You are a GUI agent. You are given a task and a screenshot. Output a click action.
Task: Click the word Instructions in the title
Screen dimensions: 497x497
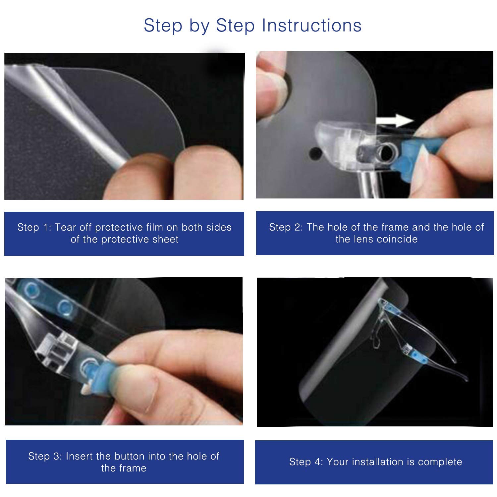coord(311,26)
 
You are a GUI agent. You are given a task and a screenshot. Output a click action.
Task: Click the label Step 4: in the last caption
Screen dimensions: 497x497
coord(306,462)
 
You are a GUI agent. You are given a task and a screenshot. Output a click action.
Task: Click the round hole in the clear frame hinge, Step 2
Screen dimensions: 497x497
coord(385,152)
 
